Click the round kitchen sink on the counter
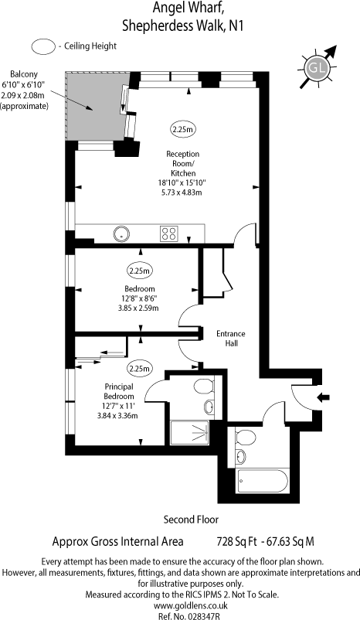[121, 232]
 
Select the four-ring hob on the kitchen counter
[169, 232]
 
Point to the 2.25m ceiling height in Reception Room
[184, 128]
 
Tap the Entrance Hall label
[230, 339]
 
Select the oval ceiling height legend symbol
[43, 46]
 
